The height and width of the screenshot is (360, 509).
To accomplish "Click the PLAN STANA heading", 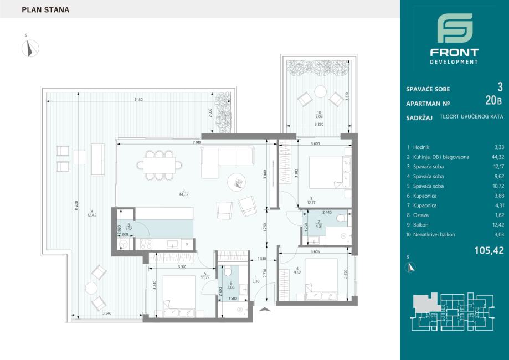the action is (45, 10).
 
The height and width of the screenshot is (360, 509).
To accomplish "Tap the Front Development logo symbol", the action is (455, 28).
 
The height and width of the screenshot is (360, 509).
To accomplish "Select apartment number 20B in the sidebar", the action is (493, 101).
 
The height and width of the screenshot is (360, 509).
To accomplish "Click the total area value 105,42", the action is (489, 250).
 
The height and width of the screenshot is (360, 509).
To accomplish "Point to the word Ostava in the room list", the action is (421, 215).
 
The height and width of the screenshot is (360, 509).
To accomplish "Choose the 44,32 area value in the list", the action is (497, 157).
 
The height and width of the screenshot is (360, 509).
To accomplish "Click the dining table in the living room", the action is (159, 165).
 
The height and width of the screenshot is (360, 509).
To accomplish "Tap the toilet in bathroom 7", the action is (342, 218).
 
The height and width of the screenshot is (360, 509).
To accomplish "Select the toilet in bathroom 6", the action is (228, 271).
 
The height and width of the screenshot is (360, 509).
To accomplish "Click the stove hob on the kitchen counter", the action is (146, 244).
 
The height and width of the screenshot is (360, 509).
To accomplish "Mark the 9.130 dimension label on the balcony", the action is (138, 99).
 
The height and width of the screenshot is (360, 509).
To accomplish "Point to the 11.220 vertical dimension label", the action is (76, 205).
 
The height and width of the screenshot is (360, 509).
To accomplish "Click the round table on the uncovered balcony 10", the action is (320, 91).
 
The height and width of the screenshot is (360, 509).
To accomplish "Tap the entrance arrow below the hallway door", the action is (265, 310).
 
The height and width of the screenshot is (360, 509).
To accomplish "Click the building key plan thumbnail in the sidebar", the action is (453, 312).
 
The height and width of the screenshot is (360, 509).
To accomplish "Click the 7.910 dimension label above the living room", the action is (197, 142).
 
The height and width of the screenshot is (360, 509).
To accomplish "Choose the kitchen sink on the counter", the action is (172, 244).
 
